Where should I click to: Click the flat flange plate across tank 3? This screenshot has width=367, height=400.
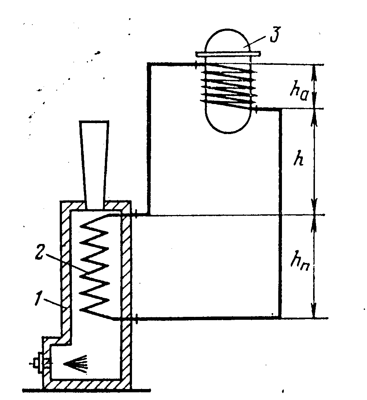tap(228, 54)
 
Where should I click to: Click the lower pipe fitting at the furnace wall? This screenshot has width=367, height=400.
tap(136, 318)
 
